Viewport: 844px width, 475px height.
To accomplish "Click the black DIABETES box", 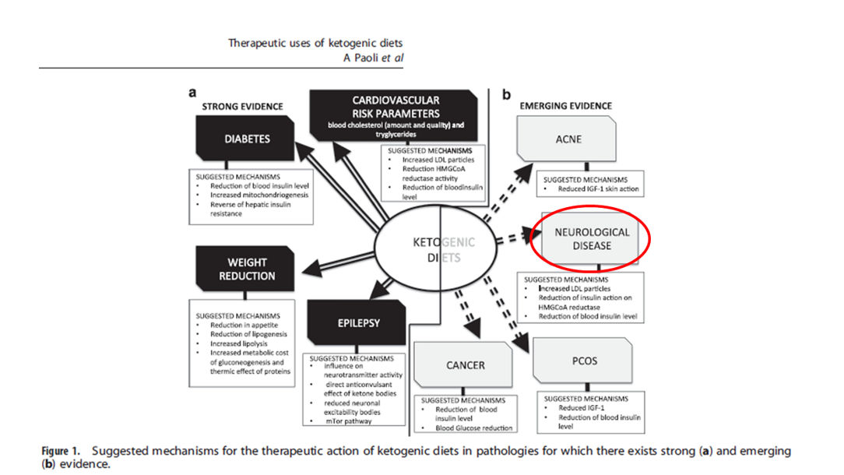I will [x=247, y=139].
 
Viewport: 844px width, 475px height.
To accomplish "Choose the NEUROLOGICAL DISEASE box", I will [x=593, y=239].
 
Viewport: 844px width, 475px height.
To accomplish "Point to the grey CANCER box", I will [x=466, y=364].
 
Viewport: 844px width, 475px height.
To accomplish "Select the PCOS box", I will [x=585, y=361].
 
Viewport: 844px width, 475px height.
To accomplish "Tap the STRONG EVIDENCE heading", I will [x=242, y=107].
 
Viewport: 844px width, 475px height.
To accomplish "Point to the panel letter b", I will [x=506, y=94].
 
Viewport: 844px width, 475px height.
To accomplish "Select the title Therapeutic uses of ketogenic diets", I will [x=315, y=43].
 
